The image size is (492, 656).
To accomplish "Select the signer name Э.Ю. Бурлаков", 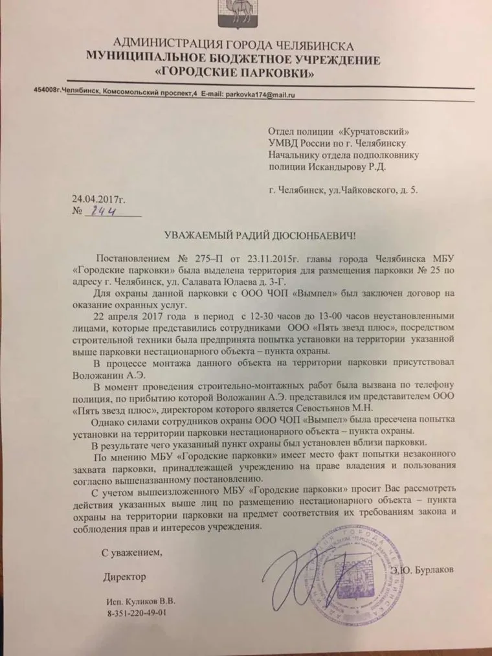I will point(423,569).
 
